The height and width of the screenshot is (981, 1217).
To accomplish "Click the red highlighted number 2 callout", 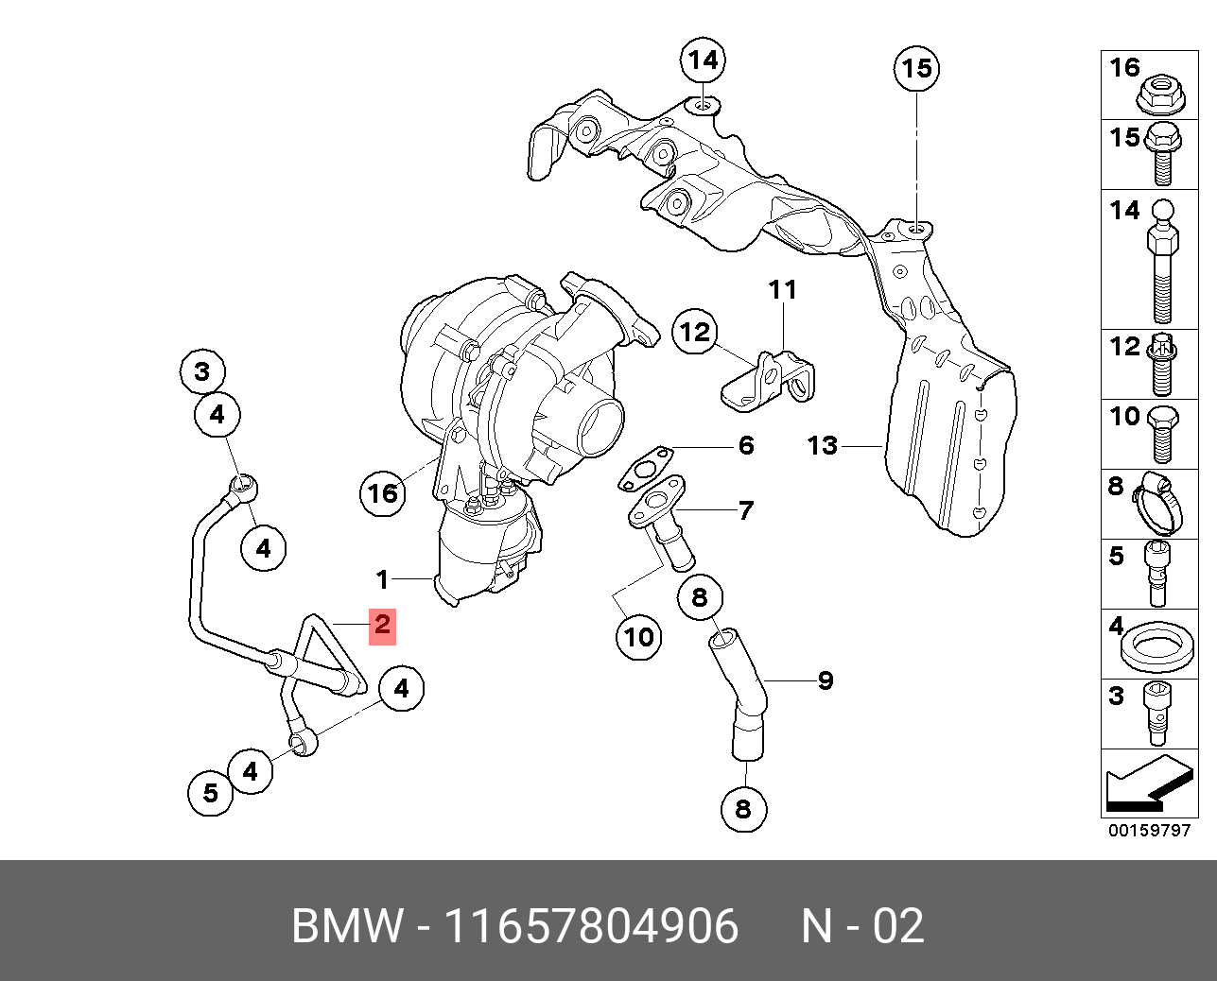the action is pos(382,627).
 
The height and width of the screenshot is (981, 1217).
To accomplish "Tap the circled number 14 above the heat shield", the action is pos(703,60).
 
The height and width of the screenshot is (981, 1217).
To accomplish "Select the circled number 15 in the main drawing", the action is pos(916,69).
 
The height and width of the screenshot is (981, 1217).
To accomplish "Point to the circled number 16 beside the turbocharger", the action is pos(383,493).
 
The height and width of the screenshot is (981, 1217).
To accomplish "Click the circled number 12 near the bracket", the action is pos(695,332).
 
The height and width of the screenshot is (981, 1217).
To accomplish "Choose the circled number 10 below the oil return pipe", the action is pos(639,637).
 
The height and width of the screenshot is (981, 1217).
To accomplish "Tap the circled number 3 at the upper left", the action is pos(202,372).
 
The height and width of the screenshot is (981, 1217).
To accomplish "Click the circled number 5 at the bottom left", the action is pos(210,793).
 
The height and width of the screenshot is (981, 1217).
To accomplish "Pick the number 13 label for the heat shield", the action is pos(823,445).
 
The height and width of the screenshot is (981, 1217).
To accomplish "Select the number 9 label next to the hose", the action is pos(826,680).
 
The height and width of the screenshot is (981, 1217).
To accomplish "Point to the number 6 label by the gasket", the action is pos(746,445).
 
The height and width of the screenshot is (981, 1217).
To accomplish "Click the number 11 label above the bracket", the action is pos(783,290).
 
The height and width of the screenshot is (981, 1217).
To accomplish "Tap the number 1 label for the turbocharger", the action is pos(383,579).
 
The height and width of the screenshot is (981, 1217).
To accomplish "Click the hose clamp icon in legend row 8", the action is pos(1157,503).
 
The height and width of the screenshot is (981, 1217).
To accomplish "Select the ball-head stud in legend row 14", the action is pos(1163,261).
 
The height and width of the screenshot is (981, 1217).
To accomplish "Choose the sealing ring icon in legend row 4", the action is pos(1157,648).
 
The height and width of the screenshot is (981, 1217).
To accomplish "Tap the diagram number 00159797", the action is pos(1149,830).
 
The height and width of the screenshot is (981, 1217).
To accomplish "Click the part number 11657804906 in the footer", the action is pos(592,925).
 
